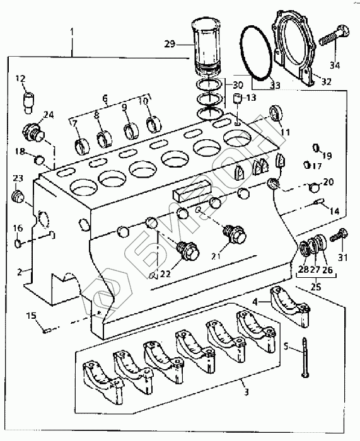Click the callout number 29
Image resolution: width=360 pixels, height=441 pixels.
pyautogui.click(x=170, y=44)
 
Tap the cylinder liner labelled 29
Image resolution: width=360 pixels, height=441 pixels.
pyautogui.click(x=206, y=47)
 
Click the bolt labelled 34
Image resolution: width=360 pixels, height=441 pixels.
pyautogui.click(x=334, y=36)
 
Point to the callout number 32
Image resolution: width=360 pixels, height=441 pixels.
pyautogui.click(x=326, y=81)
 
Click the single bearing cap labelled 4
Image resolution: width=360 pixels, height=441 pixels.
pyautogui.click(x=290, y=307)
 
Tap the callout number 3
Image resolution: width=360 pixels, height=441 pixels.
pyautogui.click(x=247, y=392)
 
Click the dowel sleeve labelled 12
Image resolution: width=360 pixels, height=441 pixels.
pyautogui.click(x=28, y=103)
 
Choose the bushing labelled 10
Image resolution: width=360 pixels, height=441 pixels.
pyautogui.click(x=153, y=124)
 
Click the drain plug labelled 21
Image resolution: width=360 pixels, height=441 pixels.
pyautogui.click(x=235, y=234)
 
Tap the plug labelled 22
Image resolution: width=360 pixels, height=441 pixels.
pyautogui.click(x=188, y=251)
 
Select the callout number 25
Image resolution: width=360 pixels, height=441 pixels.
pyautogui.click(x=316, y=287)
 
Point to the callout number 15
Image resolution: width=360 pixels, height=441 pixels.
pyautogui.click(x=32, y=316)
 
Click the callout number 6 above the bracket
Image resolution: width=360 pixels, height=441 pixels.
pyautogui.click(x=105, y=98)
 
